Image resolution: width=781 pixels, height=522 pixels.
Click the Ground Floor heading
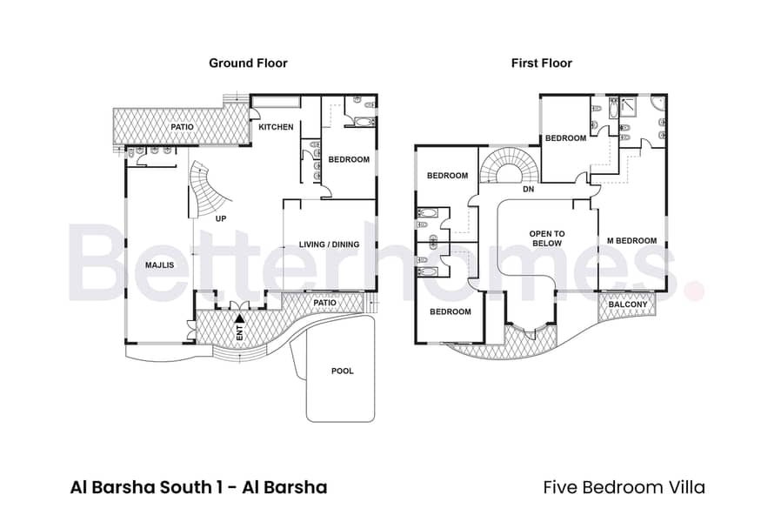click(x=248, y=64)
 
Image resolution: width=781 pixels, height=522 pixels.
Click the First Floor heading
click(x=542, y=64)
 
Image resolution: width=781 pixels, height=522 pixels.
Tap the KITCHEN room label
click(x=276, y=127)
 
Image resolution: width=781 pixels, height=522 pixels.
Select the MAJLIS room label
click(x=159, y=265)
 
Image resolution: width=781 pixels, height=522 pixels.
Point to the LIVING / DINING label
click(x=329, y=244)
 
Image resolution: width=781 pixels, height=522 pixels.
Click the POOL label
click(x=342, y=371)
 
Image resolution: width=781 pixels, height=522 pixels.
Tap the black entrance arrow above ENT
click(x=239, y=318)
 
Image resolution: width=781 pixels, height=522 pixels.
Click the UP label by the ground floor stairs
click(x=221, y=218)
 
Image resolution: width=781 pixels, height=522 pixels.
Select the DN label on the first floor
click(x=529, y=190)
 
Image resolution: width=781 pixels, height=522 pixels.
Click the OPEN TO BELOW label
click(x=547, y=238)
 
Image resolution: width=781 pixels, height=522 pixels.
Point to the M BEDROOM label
click(x=631, y=241)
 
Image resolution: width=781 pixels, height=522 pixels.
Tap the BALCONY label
click(x=628, y=304)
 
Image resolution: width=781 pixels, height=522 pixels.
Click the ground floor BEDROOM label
click(x=349, y=160)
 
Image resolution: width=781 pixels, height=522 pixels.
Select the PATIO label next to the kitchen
click(x=183, y=127)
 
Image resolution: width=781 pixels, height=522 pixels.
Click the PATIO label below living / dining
click(x=324, y=303)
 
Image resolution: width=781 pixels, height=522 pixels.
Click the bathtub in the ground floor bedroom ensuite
click(x=359, y=122)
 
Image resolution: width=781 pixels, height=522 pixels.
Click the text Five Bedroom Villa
click(x=624, y=487)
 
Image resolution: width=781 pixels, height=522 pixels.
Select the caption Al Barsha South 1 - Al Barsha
click(x=199, y=487)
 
